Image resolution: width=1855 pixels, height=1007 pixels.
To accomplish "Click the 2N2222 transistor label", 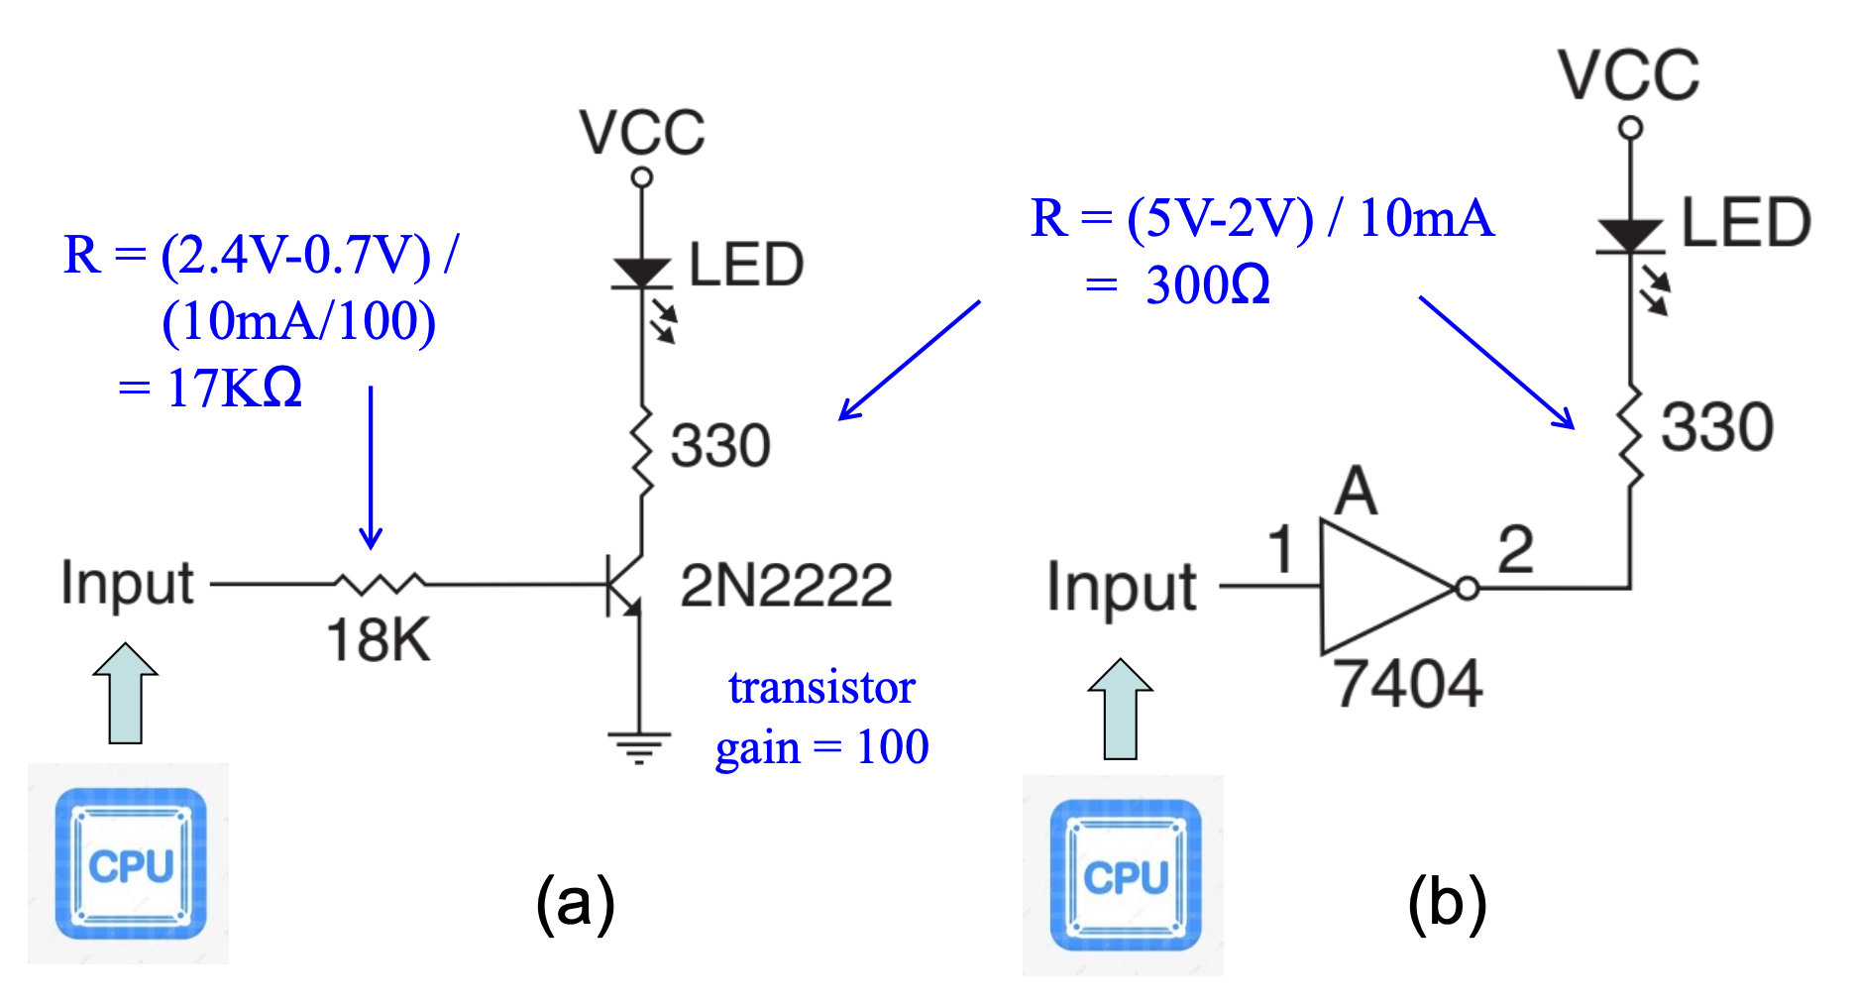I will (x=786, y=585).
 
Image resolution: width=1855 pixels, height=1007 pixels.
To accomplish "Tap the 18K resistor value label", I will (x=379, y=640).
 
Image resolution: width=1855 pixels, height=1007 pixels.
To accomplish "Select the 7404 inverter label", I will (x=1407, y=684).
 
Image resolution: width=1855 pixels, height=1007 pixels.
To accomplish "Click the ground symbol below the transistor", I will (x=639, y=746).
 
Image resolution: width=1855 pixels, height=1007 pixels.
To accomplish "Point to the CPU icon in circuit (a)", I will (x=130, y=863).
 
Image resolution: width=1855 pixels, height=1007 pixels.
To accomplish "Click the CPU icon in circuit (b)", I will (x=1125, y=875).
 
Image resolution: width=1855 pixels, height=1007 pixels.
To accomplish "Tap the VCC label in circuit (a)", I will (x=642, y=133).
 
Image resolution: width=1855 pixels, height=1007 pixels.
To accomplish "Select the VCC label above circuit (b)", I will (x=1628, y=75).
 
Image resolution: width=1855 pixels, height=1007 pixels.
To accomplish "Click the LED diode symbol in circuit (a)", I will (x=642, y=273).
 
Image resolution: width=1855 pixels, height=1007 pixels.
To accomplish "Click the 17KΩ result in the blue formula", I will (x=234, y=388).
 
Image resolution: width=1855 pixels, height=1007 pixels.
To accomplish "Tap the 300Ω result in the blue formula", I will (x=1207, y=285).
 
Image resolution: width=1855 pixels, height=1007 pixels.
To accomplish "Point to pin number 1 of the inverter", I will (x=1281, y=549).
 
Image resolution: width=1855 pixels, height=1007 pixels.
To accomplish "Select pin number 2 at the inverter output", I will (x=1515, y=549).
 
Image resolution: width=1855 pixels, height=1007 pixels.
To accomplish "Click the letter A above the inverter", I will (x=1356, y=492).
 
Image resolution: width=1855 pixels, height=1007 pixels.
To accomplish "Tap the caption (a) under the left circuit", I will (x=575, y=903).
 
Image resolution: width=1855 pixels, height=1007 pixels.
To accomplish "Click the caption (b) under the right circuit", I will (x=1447, y=903).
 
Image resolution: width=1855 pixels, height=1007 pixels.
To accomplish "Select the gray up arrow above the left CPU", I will (x=126, y=693).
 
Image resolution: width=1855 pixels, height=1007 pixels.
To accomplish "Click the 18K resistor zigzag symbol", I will (x=380, y=584).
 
